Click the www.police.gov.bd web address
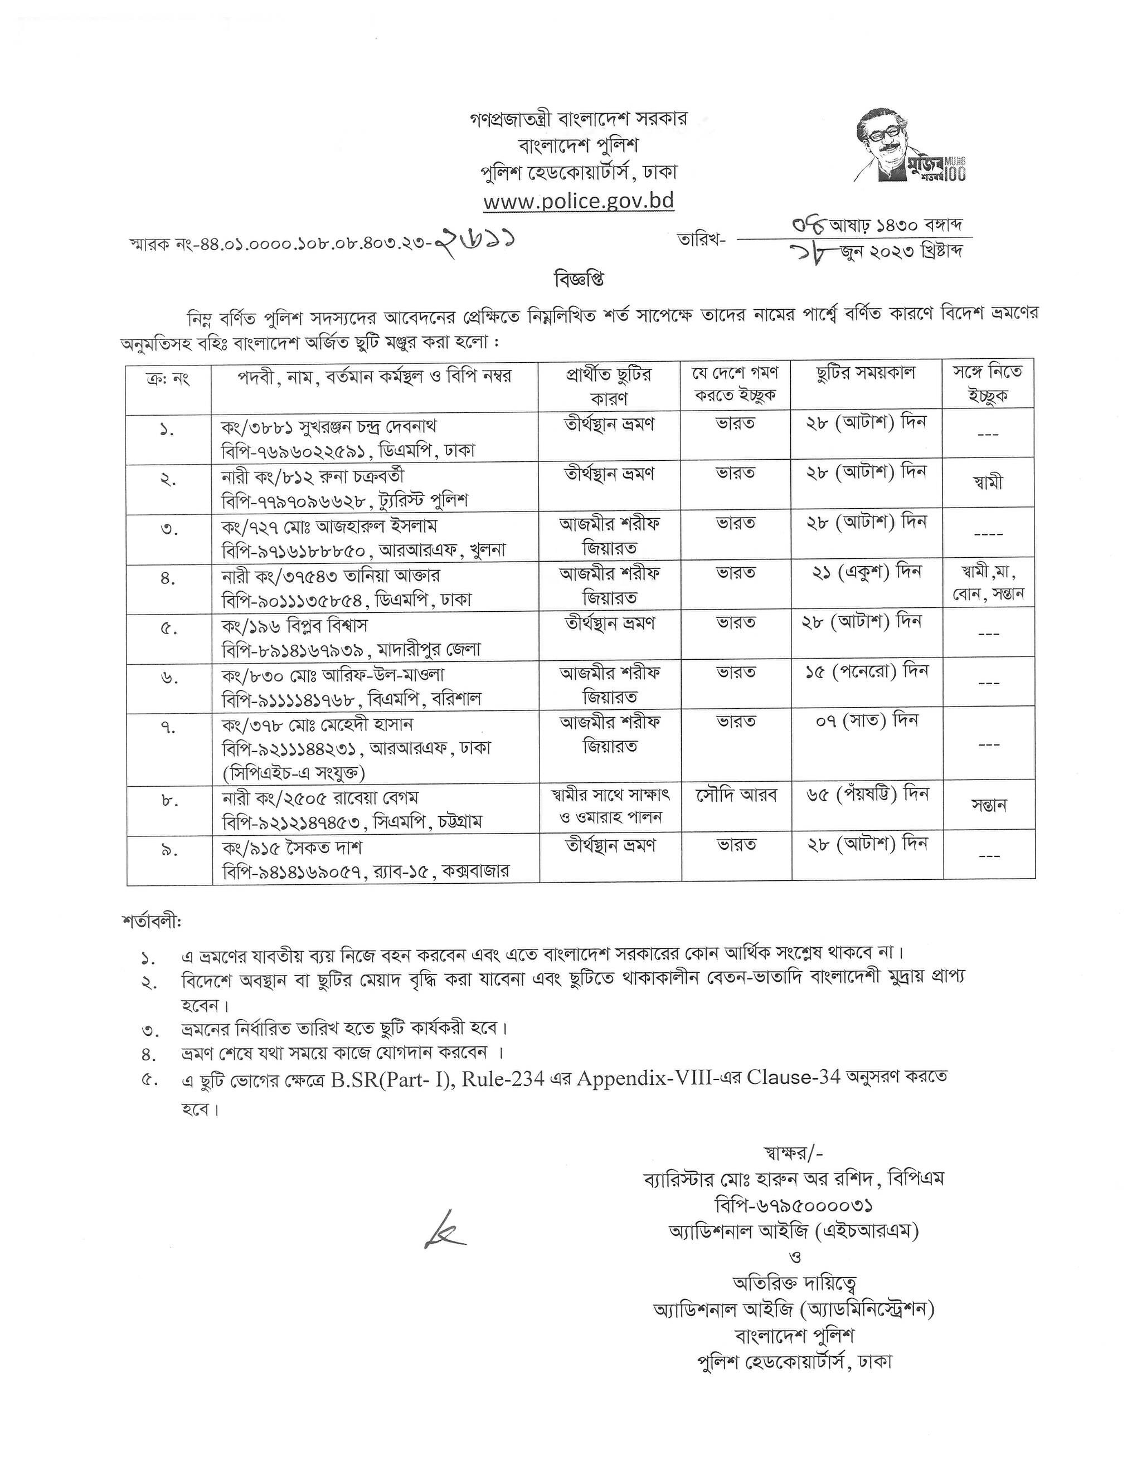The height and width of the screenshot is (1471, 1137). coord(579,201)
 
